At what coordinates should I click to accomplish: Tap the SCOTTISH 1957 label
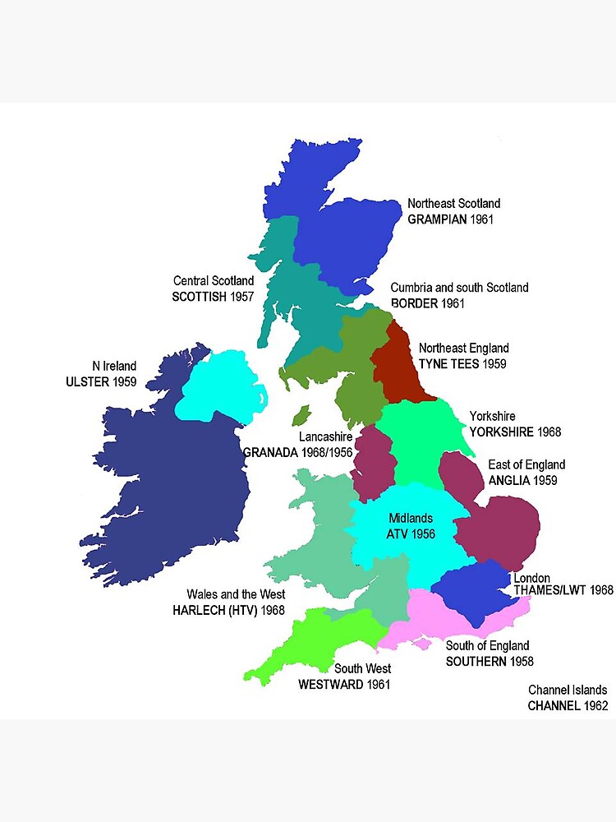pos(213,297)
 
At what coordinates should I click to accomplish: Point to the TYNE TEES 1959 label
pos(462,363)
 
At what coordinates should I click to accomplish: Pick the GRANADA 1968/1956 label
pos(298,451)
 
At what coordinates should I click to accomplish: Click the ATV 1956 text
pos(410,533)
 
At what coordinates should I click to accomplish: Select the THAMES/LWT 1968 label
pos(563,590)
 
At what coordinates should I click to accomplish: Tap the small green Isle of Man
pos(301,415)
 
